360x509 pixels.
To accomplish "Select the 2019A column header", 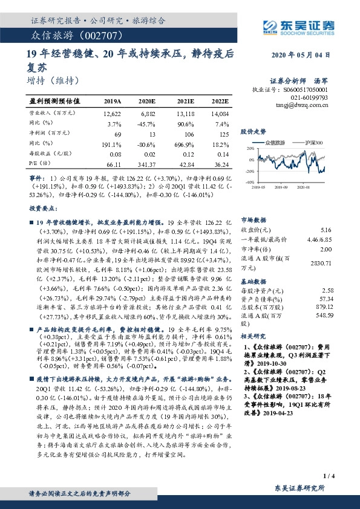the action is click(x=113, y=101).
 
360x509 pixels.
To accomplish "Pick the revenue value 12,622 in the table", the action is click(x=113, y=114).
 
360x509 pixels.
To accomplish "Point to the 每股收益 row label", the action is click(x=43, y=154).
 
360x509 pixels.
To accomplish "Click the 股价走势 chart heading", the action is click(x=253, y=131).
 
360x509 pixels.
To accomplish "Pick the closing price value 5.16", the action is click(x=326, y=230).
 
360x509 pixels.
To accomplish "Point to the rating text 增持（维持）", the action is click(x=54, y=80).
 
